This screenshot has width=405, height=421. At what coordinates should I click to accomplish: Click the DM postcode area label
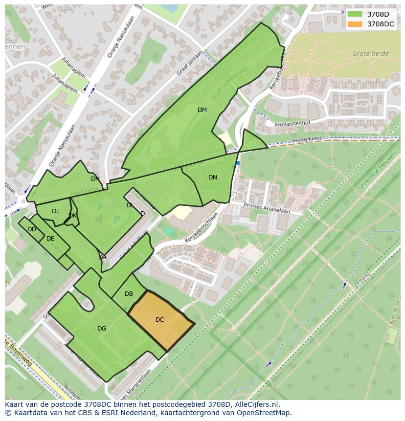202,110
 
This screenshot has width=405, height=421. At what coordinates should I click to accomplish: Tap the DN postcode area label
212,177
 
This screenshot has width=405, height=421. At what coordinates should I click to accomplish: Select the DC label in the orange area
159,320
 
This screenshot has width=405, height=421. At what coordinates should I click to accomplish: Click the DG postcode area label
102,329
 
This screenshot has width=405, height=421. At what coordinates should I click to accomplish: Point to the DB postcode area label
129,294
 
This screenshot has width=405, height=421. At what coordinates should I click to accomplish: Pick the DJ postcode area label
55,211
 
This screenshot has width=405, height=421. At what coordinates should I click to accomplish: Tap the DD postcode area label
32,229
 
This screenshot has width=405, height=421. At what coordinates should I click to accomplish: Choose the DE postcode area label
50,239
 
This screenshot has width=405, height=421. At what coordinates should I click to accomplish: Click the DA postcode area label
102,257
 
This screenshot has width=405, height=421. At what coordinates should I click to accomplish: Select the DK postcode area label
73,216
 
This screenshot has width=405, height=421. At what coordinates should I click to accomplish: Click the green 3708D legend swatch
355,14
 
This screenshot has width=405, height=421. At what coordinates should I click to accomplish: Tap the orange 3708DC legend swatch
355,24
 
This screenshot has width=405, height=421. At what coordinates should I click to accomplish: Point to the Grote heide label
370,54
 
